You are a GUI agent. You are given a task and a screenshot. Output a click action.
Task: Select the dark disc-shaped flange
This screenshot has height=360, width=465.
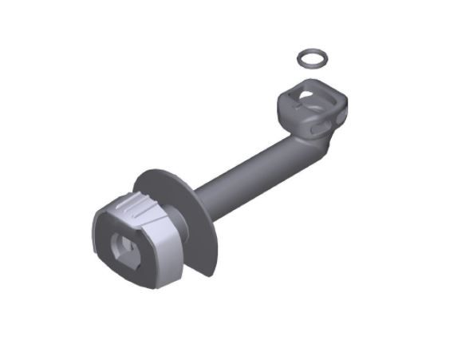coord(191,239)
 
